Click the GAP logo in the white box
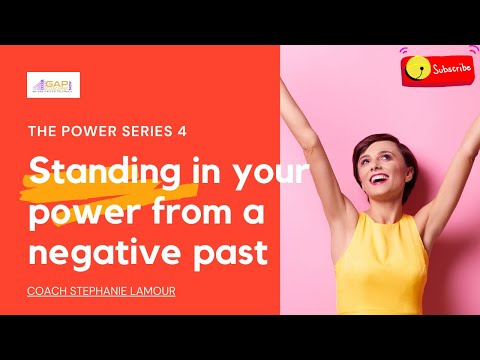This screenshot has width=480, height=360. (x=53, y=85)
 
